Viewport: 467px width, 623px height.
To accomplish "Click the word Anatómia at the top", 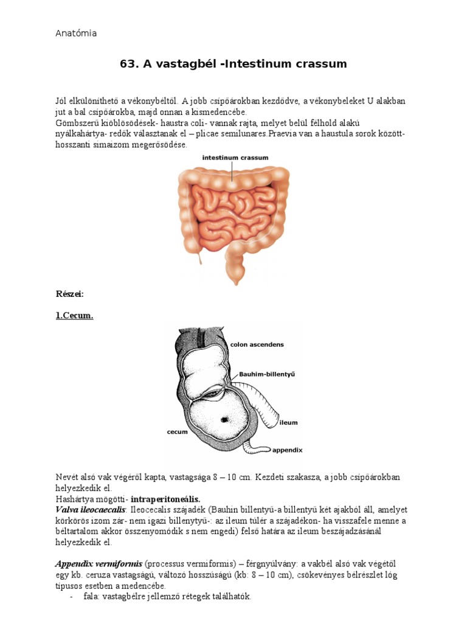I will tap(76, 33).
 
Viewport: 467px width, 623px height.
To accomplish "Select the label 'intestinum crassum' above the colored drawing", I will tap(235, 158).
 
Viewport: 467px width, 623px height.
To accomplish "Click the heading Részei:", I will tap(69, 294).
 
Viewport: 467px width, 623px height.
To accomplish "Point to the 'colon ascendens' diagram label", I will tap(257, 344).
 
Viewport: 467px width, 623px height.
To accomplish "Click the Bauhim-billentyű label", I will tap(266, 374).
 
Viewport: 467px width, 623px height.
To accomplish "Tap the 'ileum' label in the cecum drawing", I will tap(289, 422).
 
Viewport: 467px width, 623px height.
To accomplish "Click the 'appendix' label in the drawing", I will tap(287, 451).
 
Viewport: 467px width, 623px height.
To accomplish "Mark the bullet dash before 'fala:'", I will tap(72, 597).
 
